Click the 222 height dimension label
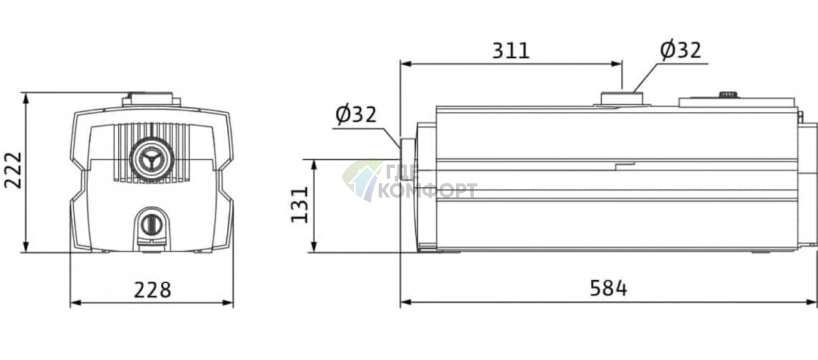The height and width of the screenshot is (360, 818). point(14,170)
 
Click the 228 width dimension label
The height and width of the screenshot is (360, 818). point(152,290)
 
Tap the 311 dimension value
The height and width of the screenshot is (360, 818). point(511,50)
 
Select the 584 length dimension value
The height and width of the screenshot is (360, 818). point(609,288)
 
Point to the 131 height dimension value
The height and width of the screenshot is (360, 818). point(300,205)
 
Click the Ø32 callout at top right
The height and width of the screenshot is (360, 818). point(681,50)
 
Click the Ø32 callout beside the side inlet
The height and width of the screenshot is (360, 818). point(356,115)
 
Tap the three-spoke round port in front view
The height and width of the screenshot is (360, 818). point(150,160)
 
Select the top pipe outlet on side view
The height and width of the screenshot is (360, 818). point(622,99)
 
